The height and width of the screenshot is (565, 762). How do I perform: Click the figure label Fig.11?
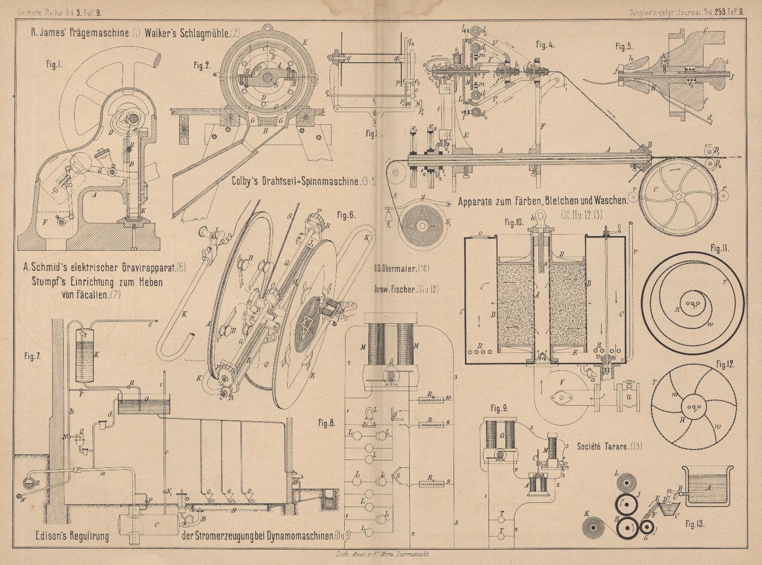tap(718, 248)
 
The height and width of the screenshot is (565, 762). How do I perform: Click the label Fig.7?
tap(32, 356)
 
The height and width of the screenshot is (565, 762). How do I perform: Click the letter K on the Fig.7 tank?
tap(96, 355)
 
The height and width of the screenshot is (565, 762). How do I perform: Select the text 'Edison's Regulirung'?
tap(72, 536)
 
